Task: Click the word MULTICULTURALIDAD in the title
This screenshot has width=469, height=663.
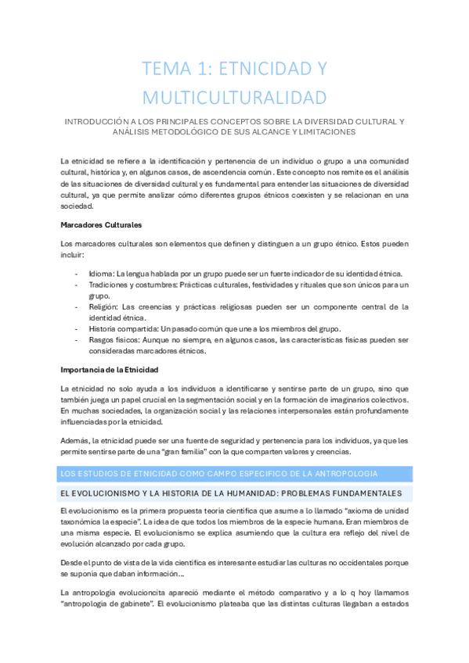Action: pyautogui.click(x=234, y=98)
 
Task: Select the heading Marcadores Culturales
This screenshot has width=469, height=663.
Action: pyautogui.click(x=101, y=225)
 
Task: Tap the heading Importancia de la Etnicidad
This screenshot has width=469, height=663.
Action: pyautogui.click(x=110, y=369)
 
